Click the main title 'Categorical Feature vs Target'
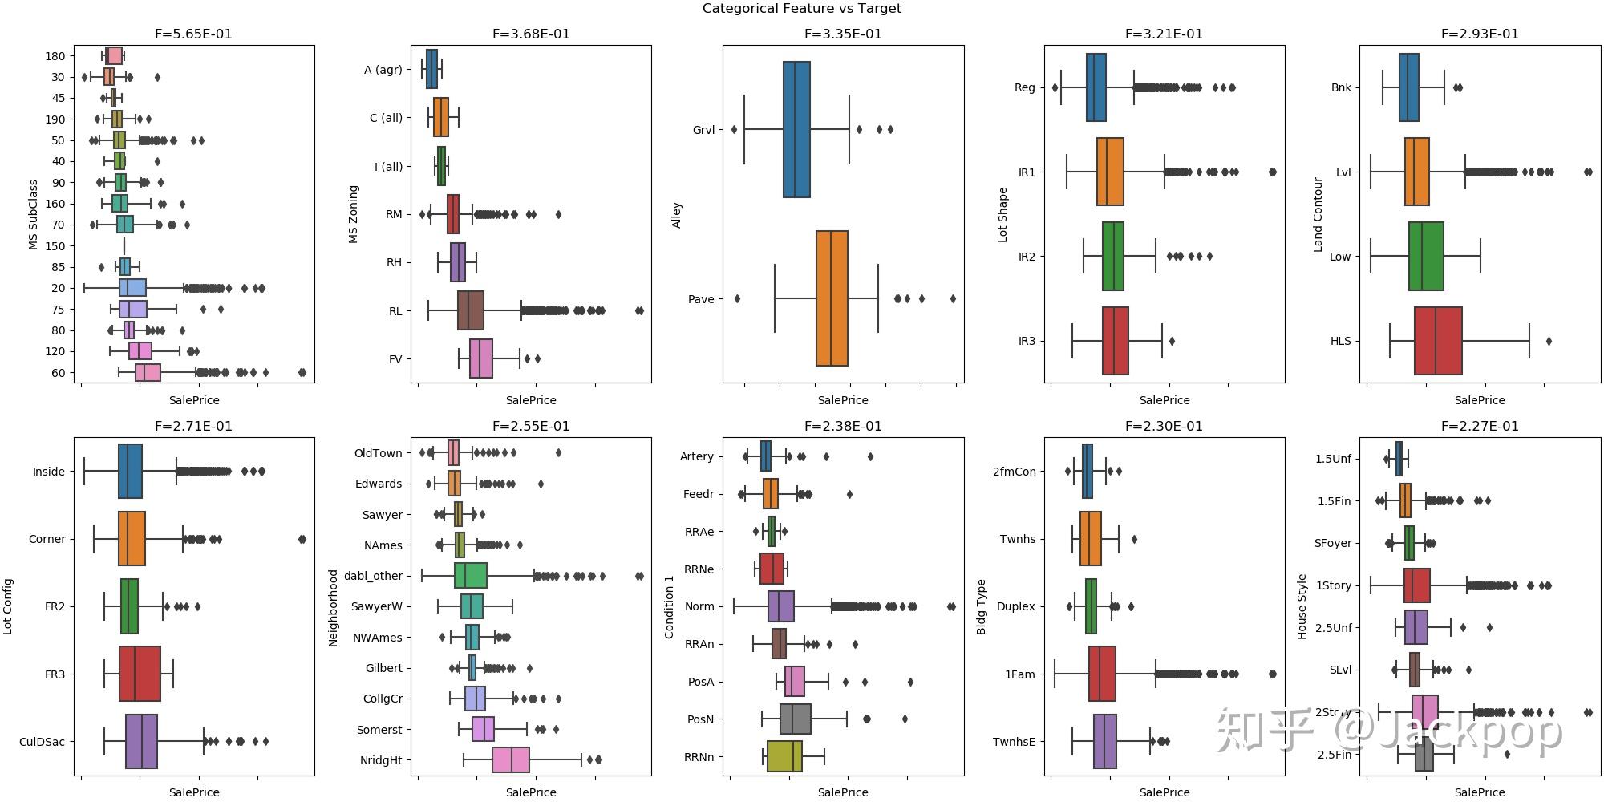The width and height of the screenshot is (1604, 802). coord(801,9)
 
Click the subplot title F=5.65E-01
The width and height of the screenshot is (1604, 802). coord(193,34)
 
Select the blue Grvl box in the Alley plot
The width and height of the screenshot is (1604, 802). coord(796,129)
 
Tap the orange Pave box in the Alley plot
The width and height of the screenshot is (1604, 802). coord(832,298)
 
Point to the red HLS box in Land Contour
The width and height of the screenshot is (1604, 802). coord(1438,341)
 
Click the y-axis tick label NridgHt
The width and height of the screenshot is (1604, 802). coord(381,760)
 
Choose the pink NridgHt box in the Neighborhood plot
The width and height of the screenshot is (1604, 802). coord(511,760)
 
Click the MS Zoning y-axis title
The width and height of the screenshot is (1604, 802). coord(354,214)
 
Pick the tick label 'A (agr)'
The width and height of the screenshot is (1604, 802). coord(383,70)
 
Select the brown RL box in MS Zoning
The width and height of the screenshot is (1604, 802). coord(471,310)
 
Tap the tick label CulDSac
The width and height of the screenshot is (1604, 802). coord(42,742)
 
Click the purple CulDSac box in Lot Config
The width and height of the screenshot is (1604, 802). coord(141,742)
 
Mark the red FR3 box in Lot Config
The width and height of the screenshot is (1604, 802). coord(140,674)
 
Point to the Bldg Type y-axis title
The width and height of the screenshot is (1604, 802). coord(981,607)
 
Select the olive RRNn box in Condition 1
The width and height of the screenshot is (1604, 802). coord(784,756)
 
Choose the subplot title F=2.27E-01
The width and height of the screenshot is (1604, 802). coord(1480,427)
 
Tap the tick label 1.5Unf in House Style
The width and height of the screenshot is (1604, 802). coord(1333,459)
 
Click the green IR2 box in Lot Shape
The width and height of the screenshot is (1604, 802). coord(1113,257)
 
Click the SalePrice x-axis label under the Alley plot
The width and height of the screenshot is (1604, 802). coord(843,400)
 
